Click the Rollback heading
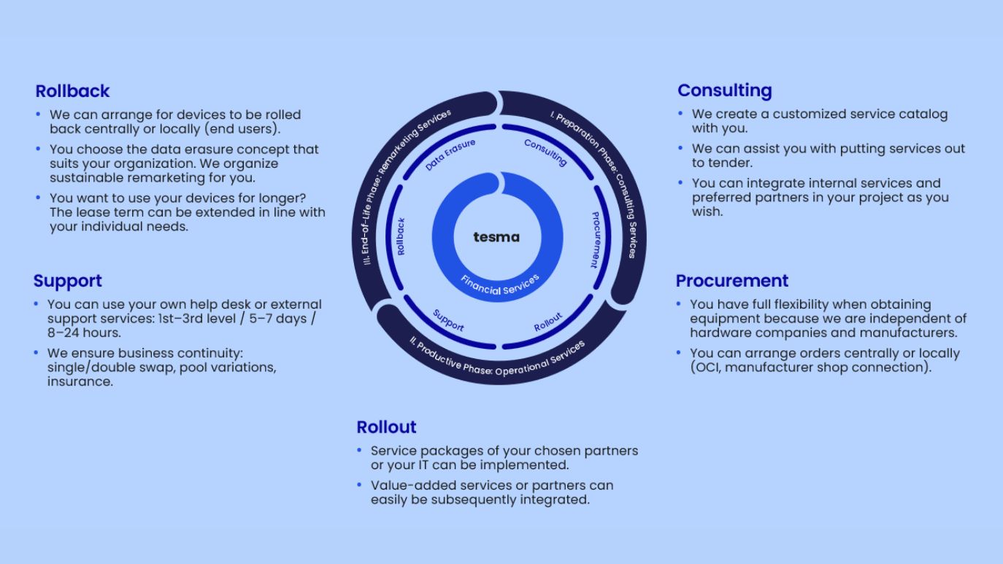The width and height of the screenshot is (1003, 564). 72,91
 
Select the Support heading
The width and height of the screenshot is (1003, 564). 67,281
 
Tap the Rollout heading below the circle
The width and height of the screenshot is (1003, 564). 386,427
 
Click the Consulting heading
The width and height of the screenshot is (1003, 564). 724,90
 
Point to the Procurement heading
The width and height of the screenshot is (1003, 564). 731,281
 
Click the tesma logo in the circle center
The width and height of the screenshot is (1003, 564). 496,237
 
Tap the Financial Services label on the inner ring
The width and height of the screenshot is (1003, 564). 500,285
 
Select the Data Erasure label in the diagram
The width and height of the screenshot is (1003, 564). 450,155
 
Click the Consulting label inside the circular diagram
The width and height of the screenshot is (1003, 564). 545,152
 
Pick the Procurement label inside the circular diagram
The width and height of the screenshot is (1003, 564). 595,239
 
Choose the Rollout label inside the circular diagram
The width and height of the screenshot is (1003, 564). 548,322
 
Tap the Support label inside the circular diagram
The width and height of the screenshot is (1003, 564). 448,320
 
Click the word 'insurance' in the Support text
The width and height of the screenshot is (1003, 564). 80,382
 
